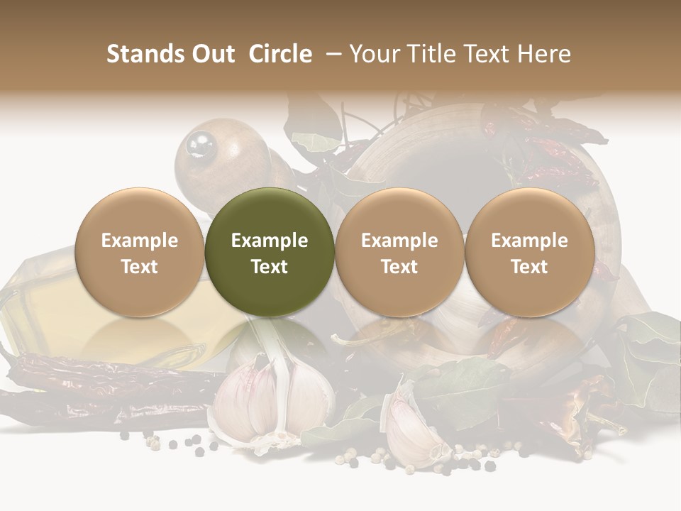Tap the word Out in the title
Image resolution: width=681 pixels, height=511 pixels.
(212, 54)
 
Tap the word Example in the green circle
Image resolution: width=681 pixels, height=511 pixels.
(270, 241)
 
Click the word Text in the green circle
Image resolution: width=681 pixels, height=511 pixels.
(270, 267)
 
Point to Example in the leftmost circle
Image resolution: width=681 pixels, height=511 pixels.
(139, 241)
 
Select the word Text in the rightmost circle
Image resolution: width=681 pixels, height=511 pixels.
(529, 267)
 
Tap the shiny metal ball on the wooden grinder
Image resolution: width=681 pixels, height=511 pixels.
(200, 145)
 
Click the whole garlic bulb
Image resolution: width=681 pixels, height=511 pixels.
(273, 401)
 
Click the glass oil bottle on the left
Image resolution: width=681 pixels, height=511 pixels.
(43, 298)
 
